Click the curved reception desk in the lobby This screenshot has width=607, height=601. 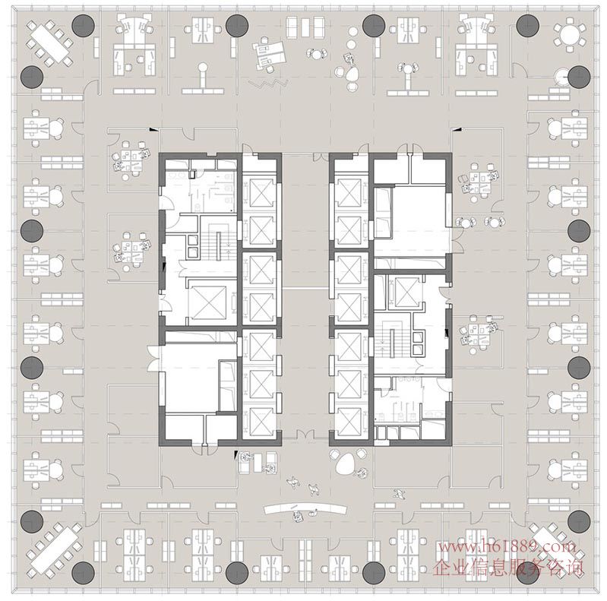click(305, 508)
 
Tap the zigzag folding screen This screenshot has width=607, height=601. click(269, 84)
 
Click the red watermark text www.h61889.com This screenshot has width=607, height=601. click(507, 547)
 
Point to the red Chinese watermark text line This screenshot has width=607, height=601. click(508, 568)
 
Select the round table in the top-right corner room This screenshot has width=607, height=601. click(570, 33)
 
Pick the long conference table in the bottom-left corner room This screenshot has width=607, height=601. click(53, 549)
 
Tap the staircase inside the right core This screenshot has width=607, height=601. click(392, 340)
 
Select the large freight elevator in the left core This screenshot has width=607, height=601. click(208, 302)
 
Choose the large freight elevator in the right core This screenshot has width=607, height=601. click(406, 290)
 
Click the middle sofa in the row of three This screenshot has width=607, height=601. click(305, 27)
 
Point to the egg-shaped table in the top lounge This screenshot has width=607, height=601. click(353, 73)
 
